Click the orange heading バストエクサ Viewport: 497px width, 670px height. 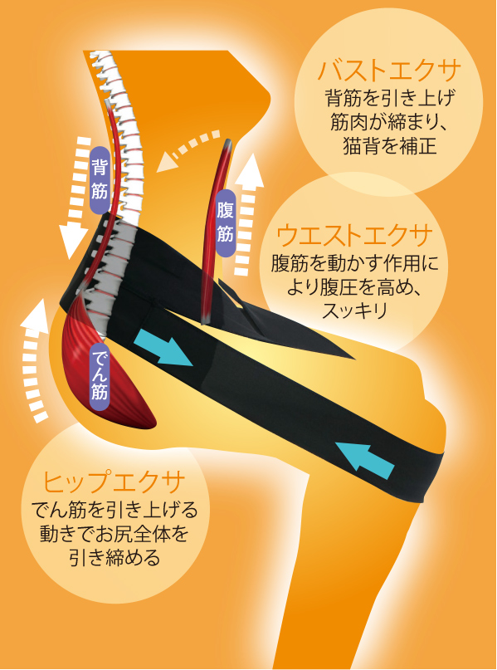(389, 71)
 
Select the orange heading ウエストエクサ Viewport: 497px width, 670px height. (354, 236)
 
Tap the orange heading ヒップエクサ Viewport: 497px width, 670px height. (114, 482)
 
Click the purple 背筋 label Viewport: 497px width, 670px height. (100, 180)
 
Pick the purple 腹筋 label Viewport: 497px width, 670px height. (225, 223)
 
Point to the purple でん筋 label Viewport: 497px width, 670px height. (99, 375)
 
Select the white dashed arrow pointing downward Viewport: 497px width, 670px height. (77, 198)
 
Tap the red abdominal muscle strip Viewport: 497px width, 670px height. (216, 231)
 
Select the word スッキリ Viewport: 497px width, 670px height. (354, 310)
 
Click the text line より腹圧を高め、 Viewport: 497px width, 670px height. (354, 286)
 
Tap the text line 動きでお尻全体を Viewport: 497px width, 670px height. (114, 534)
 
